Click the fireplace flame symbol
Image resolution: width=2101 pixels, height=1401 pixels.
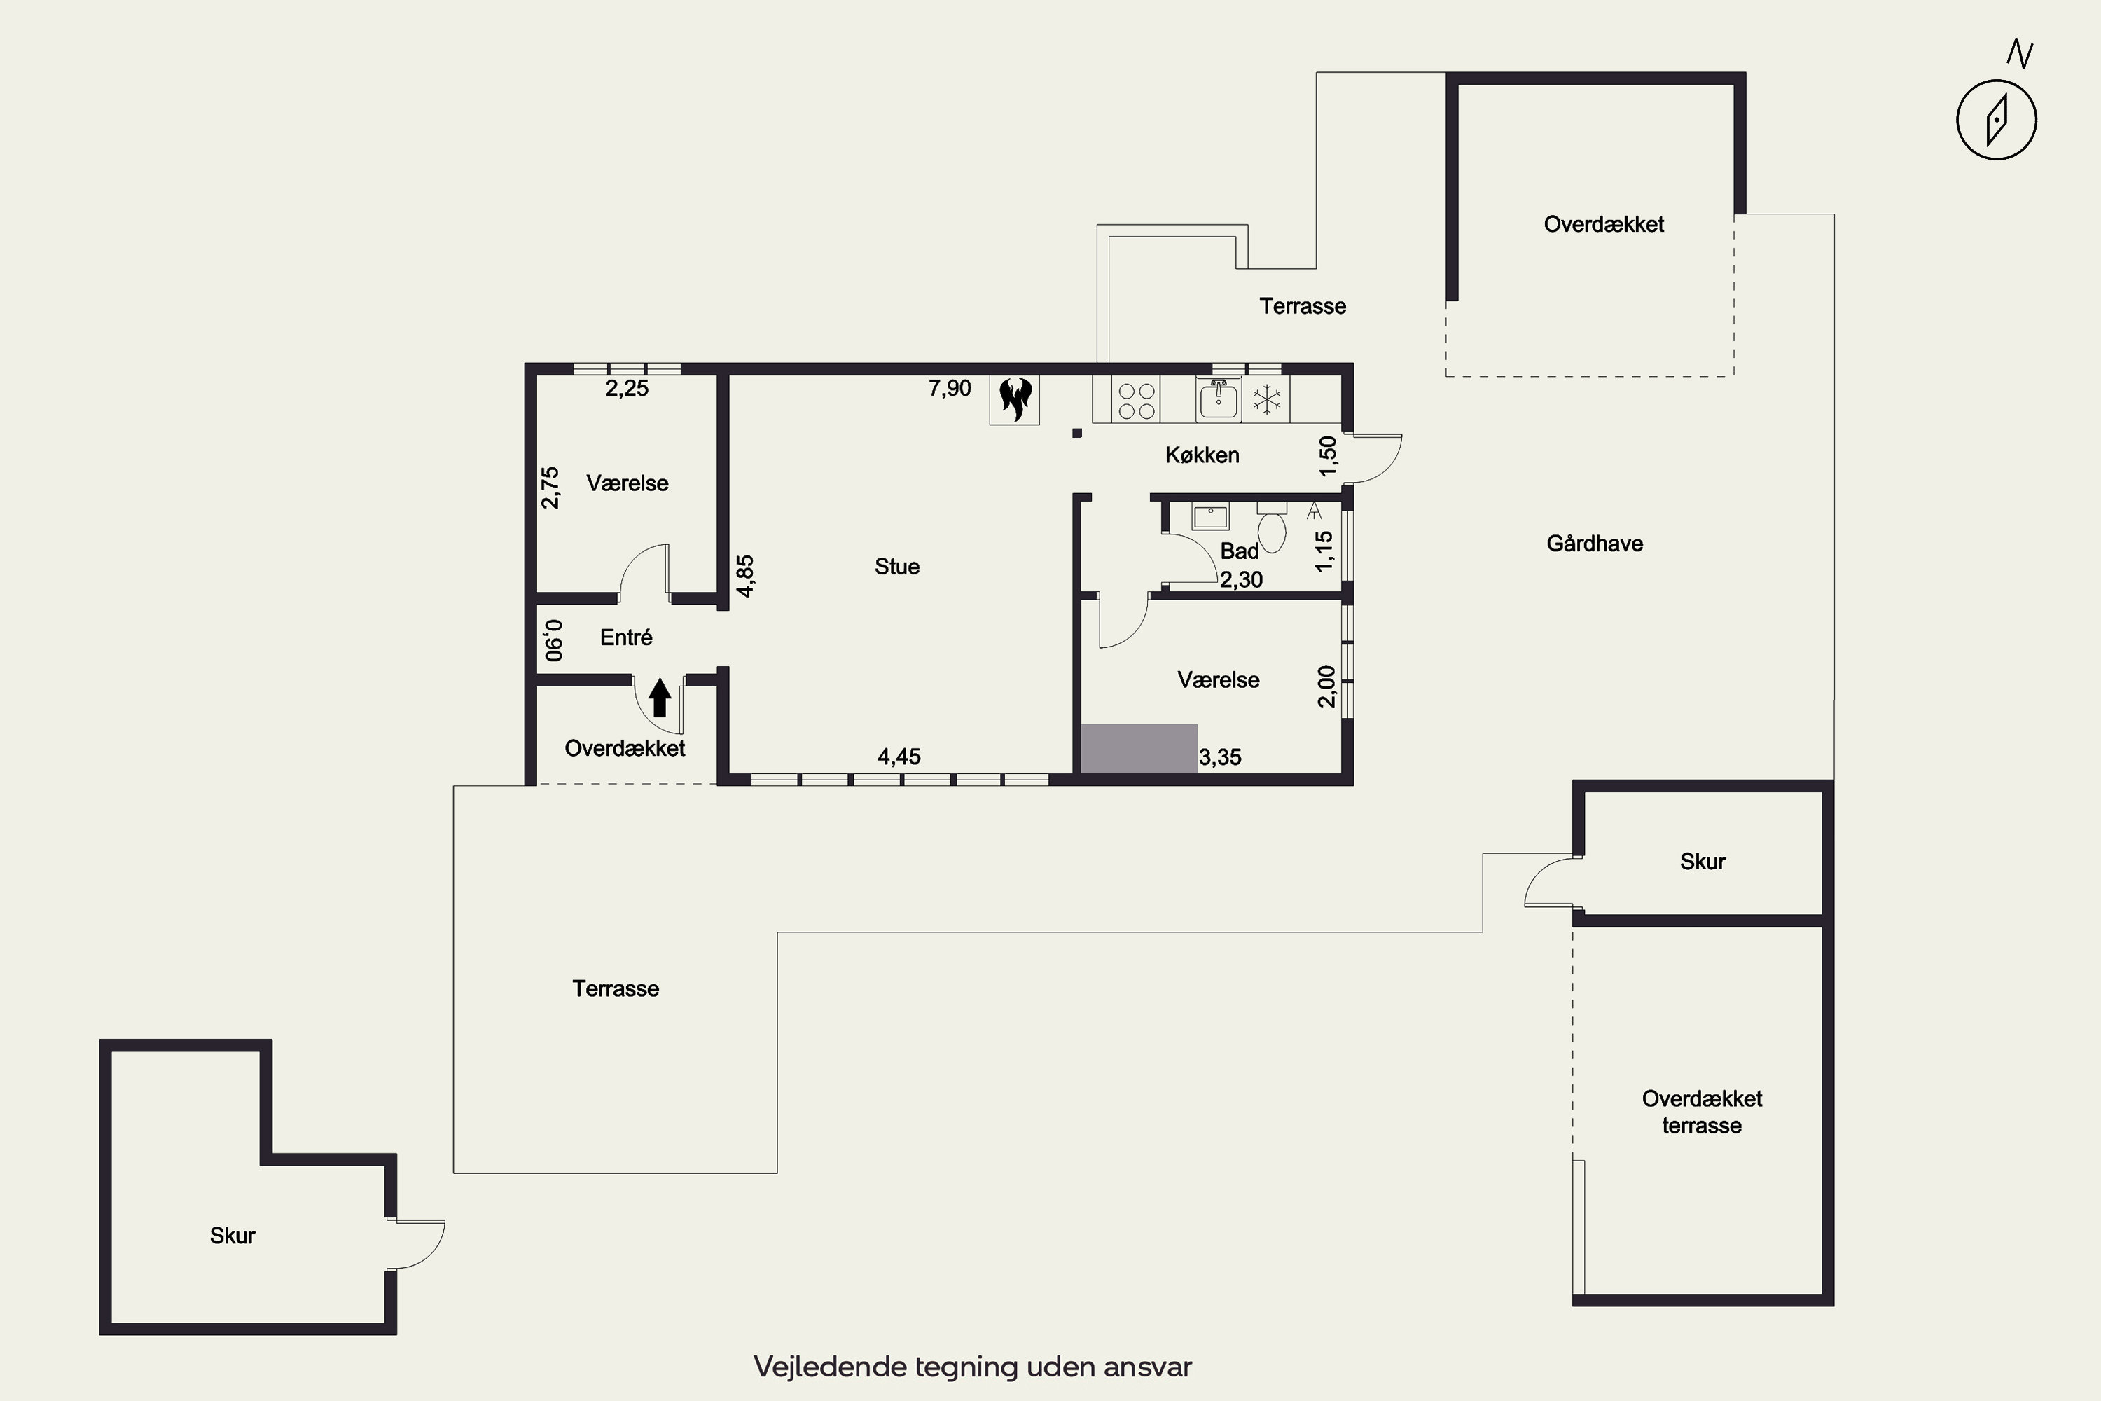tap(1015, 399)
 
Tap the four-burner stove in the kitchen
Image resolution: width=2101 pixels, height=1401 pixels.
tap(1136, 399)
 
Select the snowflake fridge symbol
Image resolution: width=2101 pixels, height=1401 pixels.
tap(1266, 399)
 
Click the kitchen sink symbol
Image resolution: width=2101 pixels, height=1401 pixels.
tap(1219, 399)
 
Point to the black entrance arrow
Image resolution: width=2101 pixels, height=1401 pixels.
tap(659, 697)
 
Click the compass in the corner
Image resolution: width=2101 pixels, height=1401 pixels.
tap(1997, 119)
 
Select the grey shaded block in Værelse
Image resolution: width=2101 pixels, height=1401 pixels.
tap(1139, 748)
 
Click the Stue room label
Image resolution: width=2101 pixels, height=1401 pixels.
tap(897, 567)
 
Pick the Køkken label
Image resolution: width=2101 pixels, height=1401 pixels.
tap(1202, 455)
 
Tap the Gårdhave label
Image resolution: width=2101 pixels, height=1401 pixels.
tap(1595, 544)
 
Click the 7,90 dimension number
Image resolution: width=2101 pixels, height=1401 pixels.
tap(950, 388)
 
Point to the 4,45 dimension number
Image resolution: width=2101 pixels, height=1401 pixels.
tap(899, 757)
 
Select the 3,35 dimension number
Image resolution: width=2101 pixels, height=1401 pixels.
tap(1220, 757)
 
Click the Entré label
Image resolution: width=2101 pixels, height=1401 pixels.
tap(626, 637)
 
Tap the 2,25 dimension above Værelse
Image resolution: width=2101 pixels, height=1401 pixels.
tap(627, 388)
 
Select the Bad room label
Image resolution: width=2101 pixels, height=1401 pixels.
tap(1239, 551)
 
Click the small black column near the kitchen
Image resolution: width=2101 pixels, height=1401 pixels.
tap(1077, 434)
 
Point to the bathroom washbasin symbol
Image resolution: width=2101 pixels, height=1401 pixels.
tap(1210, 516)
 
